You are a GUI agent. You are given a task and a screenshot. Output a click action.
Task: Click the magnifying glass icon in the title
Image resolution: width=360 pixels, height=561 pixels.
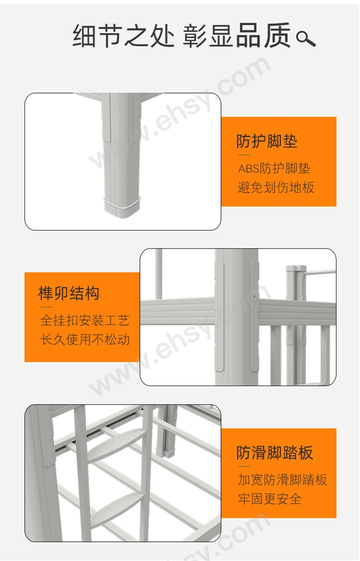click(306, 38)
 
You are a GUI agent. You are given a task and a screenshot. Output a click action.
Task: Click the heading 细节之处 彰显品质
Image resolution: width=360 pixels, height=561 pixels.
click(181, 35)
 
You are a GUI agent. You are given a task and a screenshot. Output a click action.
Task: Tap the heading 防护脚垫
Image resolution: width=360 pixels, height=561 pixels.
click(267, 141)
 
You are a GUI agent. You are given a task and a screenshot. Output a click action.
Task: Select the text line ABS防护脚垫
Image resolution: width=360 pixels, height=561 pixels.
click(274, 168)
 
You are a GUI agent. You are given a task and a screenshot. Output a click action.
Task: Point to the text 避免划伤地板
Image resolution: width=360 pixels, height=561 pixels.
click(276, 187)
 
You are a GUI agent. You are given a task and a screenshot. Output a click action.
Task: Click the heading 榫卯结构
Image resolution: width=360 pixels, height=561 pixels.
click(69, 293)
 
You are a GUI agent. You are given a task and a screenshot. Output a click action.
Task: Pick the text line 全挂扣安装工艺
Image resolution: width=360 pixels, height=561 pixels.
click(85, 320)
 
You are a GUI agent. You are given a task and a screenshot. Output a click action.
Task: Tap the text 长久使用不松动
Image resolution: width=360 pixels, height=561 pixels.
click(85, 340)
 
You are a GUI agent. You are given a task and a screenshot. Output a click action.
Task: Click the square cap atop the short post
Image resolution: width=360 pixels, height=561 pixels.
click(296, 268)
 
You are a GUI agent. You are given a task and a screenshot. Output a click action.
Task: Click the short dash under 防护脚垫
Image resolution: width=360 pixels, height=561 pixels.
click(244, 155)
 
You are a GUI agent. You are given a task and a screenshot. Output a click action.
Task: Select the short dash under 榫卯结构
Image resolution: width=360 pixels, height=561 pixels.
click(46, 307)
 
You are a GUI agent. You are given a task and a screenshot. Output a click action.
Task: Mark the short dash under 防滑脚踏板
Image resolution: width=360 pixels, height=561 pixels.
click(244, 467)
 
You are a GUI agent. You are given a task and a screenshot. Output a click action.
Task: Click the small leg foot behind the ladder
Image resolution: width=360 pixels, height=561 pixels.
click(166, 453)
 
